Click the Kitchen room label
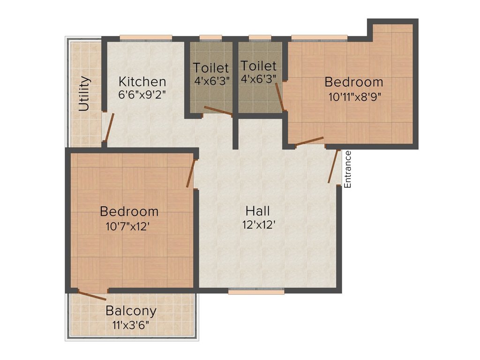[x=142, y=82]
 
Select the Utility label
[x=84, y=93]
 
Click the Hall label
[x=258, y=211]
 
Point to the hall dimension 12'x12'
[x=259, y=225]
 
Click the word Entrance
[x=348, y=169]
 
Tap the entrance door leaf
[x=333, y=166]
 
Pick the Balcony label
[x=131, y=311]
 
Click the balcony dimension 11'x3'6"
[x=131, y=324]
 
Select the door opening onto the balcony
[x=92, y=295]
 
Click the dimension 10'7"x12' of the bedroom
[x=127, y=227]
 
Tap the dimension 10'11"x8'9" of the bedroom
[x=354, y=97]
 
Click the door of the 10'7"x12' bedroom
[x=191, y=173]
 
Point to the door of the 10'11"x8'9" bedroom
[x=309, y=142]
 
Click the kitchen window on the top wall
[x=146, y=38]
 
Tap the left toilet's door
[x=218, y=111]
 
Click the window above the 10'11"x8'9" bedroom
[x=319, y=38]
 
